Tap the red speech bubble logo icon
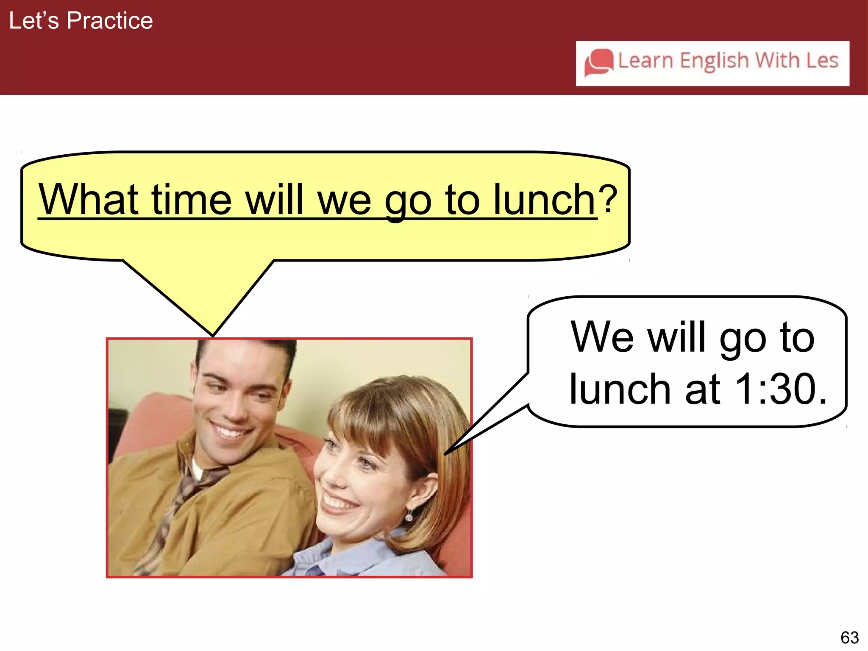click(x=599, y=63)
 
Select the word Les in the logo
click(x=822, y=60)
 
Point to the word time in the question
click(x=192, y=199)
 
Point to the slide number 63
click(x=849, y=637)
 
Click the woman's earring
click(x=409, y=517)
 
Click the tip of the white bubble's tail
click(x=445, y=454)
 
